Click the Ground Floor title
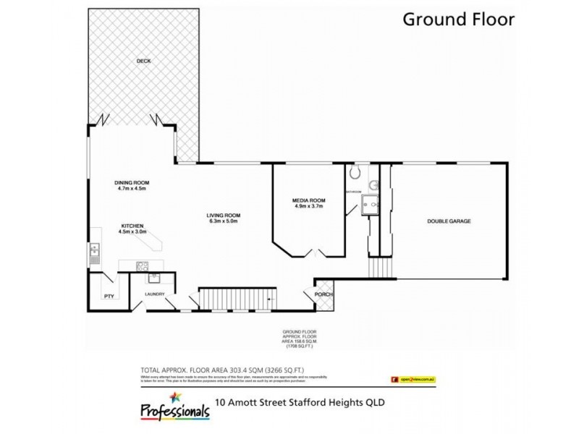point(458,20)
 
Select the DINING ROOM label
point(131,182)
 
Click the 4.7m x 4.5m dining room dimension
point(131,190)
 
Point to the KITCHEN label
point(132,226)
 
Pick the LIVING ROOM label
point(223,216)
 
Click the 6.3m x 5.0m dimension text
point(223,223)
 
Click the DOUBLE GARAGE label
point(449,221)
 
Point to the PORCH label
point(323,294)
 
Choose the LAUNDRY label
point(155,294)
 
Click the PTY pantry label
point(109,295)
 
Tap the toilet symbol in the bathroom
point(354,172)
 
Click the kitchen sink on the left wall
point(93,252)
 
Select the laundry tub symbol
point(153,276)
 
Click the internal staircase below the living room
point(237,299)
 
